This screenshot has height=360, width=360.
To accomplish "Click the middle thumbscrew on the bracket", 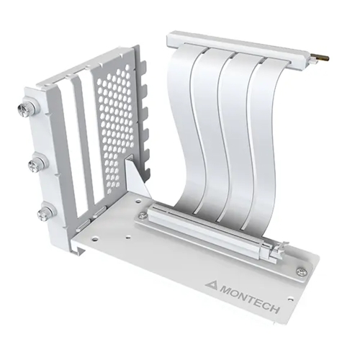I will click(35, 165).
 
